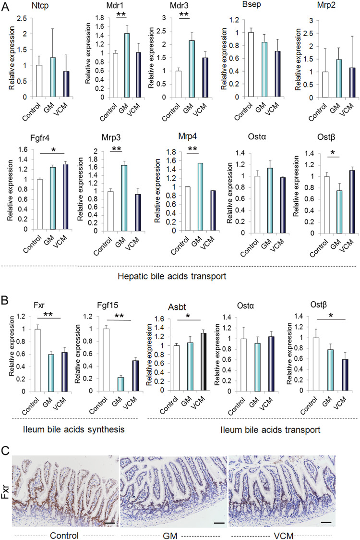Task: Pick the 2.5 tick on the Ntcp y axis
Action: [20, 19]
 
